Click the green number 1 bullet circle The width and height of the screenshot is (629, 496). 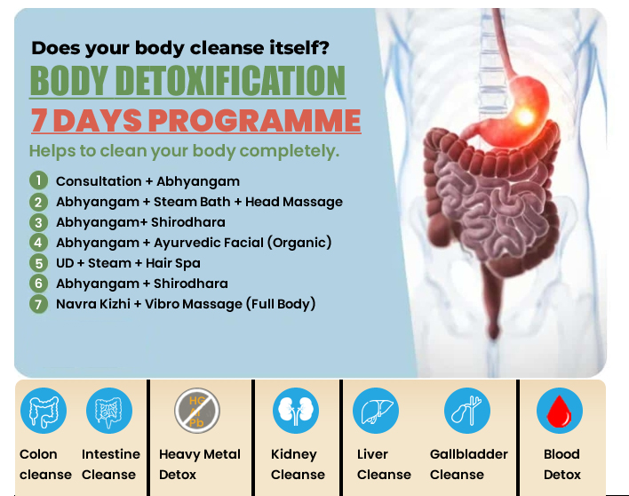coord(38,180)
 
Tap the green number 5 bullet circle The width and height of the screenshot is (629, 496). coord(38,263)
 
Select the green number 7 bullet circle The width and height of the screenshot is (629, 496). coord(38,304)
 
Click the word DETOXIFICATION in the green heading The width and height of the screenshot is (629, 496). coord(232,80)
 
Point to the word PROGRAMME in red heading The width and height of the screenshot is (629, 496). coord(255,120)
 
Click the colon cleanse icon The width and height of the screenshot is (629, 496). coord(44,411)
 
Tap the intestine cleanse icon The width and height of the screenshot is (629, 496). coord(109,411)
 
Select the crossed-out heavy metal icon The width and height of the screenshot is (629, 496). coord(197,411)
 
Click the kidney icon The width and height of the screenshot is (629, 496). coord(296,411)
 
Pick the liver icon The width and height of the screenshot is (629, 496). coord(376,411)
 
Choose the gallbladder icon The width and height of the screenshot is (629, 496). coord(467,411)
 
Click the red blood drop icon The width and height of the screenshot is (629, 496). coord(559,411)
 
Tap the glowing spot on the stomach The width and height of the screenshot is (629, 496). coord(525,116)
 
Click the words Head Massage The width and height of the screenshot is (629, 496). coord(294,202)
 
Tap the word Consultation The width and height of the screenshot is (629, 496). coord(99,181)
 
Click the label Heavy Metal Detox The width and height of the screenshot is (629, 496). coord(199,464)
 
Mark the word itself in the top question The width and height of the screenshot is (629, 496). coord(299,48)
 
